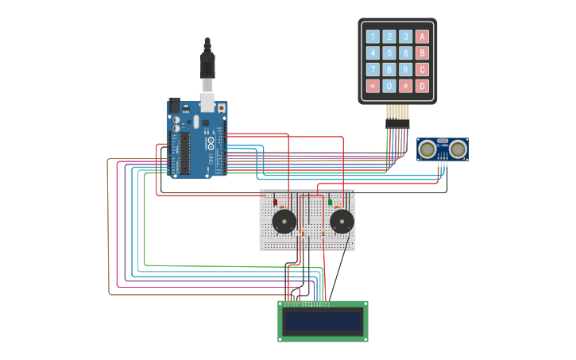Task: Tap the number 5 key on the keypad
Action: [x=389, y=52]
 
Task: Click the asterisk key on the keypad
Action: [x=373, y=86]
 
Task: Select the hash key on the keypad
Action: [x=406, y=86]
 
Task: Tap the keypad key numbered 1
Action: [x=373, y=36]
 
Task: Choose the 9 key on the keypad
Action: [x=406, y=69]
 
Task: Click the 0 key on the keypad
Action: [x=389, y=86]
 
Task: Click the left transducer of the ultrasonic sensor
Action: [x=427, y=148]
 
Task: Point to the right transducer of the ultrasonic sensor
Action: [x=458, y=148]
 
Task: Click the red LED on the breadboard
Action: [x=276, y=202]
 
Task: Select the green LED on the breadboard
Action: [x=330, y=202]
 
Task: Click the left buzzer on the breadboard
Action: [x=284, y=222]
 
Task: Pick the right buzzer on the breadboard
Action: [x=342, y=222]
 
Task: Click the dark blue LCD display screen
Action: [x=323, y=322]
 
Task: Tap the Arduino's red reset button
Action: [x=221, y=108]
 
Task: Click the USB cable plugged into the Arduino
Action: [x=207, y=68]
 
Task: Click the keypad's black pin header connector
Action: [x=397, y=123]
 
